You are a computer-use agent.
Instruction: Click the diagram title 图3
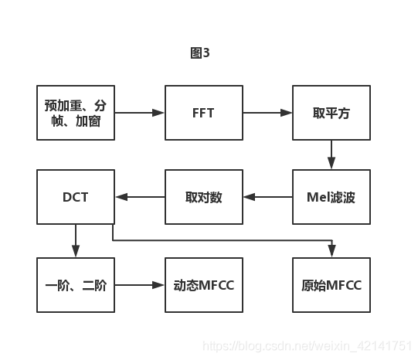(x=199, y=53)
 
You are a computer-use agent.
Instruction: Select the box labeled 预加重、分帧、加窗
(x=76, y=113)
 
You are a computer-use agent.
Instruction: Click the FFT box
(x=203, y=113)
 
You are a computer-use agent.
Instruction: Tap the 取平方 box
(x=331, y=113)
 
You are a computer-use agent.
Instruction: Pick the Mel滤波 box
(x=331, y=197)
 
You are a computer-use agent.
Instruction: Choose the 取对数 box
(x=203, y=197)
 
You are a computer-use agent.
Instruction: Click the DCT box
(x=76, y=197)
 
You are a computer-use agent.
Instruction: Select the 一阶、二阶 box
(x=76, y=285)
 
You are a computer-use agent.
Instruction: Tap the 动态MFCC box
(x=203, y=285)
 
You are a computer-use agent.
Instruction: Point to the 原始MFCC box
(x=331, y=285)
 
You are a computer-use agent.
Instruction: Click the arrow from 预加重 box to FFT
(x=140, y=113)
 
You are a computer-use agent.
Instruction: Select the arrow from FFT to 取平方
(x=267, y=113)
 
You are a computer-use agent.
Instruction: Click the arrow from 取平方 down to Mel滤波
(x=331, y=155)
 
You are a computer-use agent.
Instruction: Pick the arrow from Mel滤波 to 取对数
(x=267, y=197)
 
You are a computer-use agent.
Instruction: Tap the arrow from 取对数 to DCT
(x=140, y=197)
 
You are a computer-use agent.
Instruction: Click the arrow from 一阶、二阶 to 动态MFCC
(x=140, y=285)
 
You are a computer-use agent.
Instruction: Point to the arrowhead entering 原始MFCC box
(x=332, y=252)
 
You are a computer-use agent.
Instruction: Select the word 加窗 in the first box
(x=87, y=121)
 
